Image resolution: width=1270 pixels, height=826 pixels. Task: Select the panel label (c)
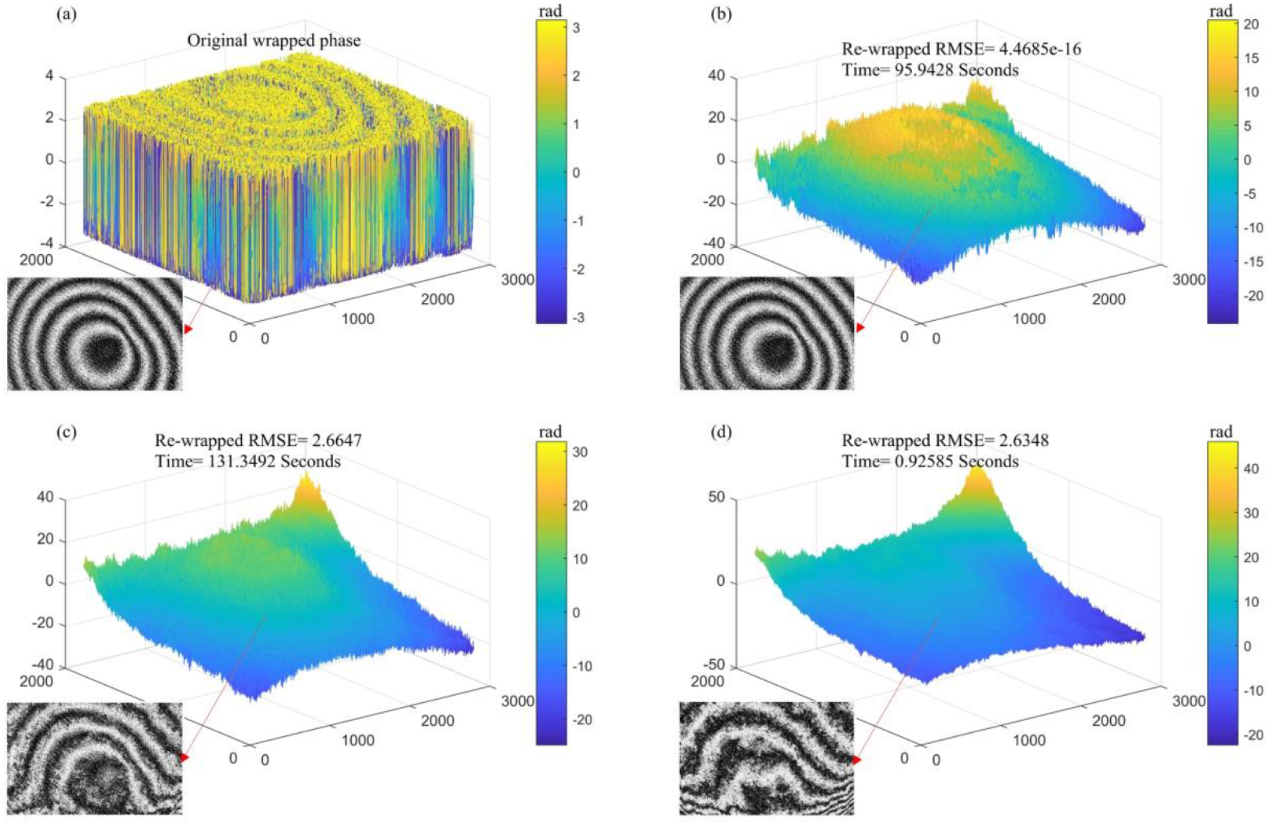tap(66, 431)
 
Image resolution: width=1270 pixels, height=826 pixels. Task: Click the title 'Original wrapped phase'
tap(273, 40)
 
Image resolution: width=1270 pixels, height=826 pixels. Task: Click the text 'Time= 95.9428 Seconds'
tap(930, 69)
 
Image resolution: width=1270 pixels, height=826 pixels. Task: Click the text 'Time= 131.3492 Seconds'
tap(248, 461)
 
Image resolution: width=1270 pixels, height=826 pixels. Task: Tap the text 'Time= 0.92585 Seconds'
tap(930, 461)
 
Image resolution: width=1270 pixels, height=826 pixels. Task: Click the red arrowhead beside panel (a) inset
tap(187, 329)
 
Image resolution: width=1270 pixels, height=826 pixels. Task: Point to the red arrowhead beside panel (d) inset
tap(857, 760)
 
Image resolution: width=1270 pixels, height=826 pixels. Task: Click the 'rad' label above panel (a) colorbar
tap(550, 11)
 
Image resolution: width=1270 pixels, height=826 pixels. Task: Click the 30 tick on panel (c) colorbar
tap(579, 452)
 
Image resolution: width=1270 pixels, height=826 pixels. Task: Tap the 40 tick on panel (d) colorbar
tap(1251, 469)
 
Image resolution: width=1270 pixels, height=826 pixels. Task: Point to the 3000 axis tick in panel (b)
tap(1188, 280)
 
